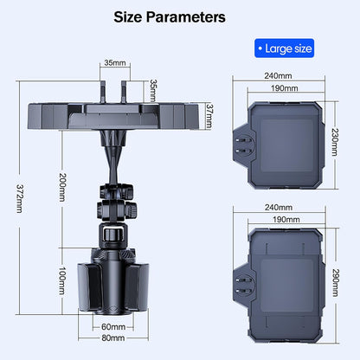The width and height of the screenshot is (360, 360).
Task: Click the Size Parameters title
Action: pos(170,17)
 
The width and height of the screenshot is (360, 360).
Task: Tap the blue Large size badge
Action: pos(284,48)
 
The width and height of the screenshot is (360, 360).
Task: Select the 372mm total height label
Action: pos(19,199)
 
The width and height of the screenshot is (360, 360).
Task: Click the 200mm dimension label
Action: pos(62,187)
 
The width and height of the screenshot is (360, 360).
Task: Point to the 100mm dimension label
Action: pos(62,280)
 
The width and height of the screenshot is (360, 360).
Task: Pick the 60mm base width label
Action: pos(113,327)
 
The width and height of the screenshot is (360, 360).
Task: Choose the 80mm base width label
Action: pos(113,337)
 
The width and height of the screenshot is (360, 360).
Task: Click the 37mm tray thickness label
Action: pos(209,116)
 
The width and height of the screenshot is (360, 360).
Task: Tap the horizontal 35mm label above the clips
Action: pos(115,62)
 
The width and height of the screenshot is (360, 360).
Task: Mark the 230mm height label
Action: pos(335,142)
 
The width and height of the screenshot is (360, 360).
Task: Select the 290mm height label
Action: pos(335,283)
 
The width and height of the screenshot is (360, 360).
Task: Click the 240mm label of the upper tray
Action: pos(278,76)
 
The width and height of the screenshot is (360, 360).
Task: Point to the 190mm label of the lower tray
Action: pos(286,220)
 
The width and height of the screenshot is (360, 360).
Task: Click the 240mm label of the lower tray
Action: pos(279,208)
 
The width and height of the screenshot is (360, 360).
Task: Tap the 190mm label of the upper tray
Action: pos(285,88)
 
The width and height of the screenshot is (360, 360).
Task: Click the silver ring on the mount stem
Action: pos(112,234)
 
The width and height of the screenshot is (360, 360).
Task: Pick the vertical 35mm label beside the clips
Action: pos(153,91)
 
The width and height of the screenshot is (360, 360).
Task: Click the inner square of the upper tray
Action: pos(287,145)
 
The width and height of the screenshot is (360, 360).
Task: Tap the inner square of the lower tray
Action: pos(287,286)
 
